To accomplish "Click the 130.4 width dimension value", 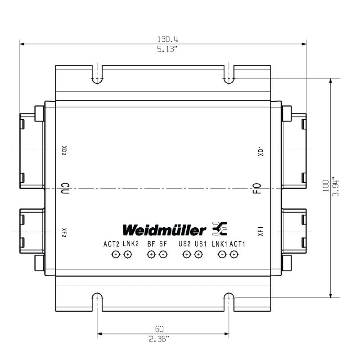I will click(x=164, y=40).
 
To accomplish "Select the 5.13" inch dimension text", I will click(x=164, y=49).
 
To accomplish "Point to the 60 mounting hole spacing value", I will click(x=164, y=329).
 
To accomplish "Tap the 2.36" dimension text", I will click(x=164, y=339).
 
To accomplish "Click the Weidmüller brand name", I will click(x=165, y=229).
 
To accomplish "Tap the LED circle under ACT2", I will click(x=116, y=255).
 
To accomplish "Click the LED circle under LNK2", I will click(x=128, y=255).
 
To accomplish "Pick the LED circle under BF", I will click(x=151, y=255).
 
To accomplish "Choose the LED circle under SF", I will click(x=163, y=255).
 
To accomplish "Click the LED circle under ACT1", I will click(x=234, y=255).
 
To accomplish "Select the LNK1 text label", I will click(x=219, y=244).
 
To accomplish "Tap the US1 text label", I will click(x=200, y=244).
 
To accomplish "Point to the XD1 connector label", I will click(x=260, y=151).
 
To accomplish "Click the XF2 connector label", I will click(x=64, y=232).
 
